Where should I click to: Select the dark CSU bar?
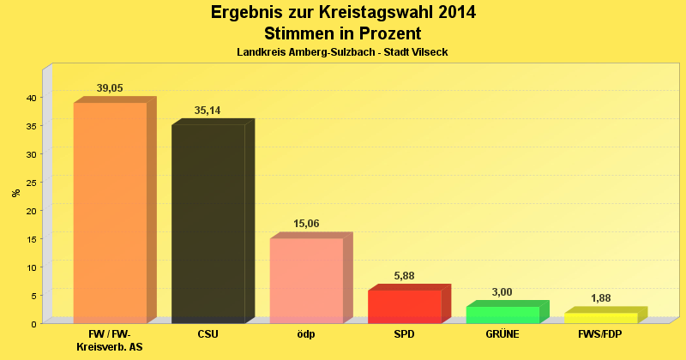pos(208,224)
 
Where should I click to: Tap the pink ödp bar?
pos(306,280)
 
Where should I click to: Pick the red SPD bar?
pos(404,306)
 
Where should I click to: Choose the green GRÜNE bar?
pos(502,315)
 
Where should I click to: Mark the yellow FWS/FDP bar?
pos(600,318)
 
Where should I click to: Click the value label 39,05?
pos(110,88)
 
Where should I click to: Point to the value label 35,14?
pos(208,111)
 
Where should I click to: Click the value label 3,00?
pos(502,292)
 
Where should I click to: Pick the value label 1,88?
pos(600,298)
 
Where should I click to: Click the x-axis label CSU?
pos(208,333)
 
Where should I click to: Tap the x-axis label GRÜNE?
pos(502,333)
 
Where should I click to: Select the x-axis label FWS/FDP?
pos(600,333)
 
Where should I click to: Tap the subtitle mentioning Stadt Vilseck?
pos(342,52)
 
